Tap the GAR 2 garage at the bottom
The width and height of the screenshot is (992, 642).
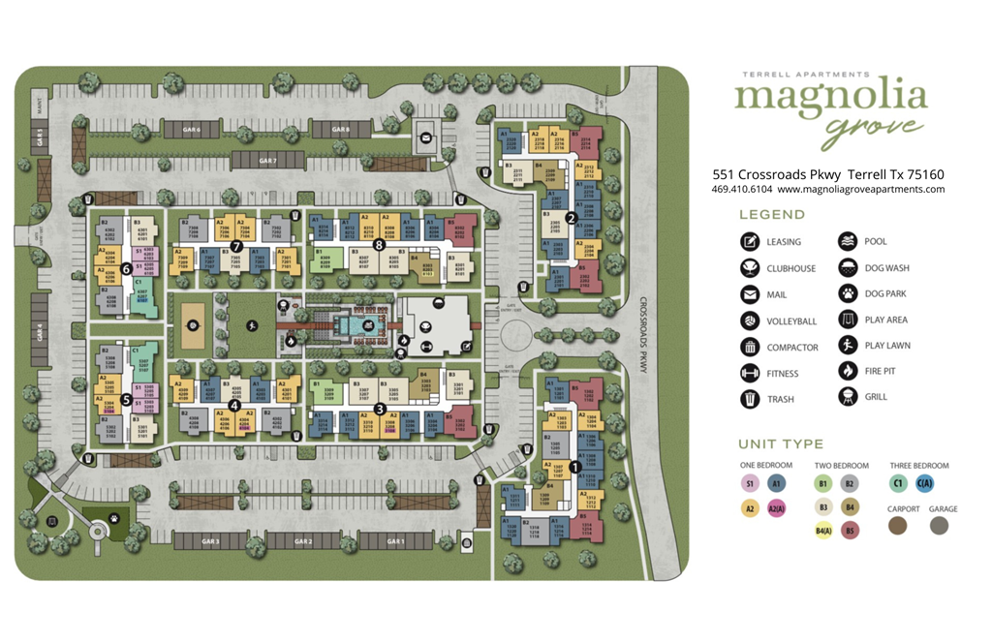(303, 541)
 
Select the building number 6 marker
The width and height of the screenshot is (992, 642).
(127, 255)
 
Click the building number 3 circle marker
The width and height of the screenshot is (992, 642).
(380, 408)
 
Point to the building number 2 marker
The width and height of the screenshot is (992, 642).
(571, 219)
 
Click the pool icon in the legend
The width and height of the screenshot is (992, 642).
(848, 242)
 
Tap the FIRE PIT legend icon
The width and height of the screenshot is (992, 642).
(848, 371)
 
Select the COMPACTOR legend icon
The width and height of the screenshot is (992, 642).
(750, 347)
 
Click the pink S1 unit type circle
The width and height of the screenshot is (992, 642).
(750, 483)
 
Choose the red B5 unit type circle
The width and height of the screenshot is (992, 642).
(850, 530)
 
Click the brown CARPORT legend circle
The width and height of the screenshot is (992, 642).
(898, 526)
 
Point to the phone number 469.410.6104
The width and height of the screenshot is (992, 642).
(741, 190)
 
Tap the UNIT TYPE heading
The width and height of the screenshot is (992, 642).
(781, 444)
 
